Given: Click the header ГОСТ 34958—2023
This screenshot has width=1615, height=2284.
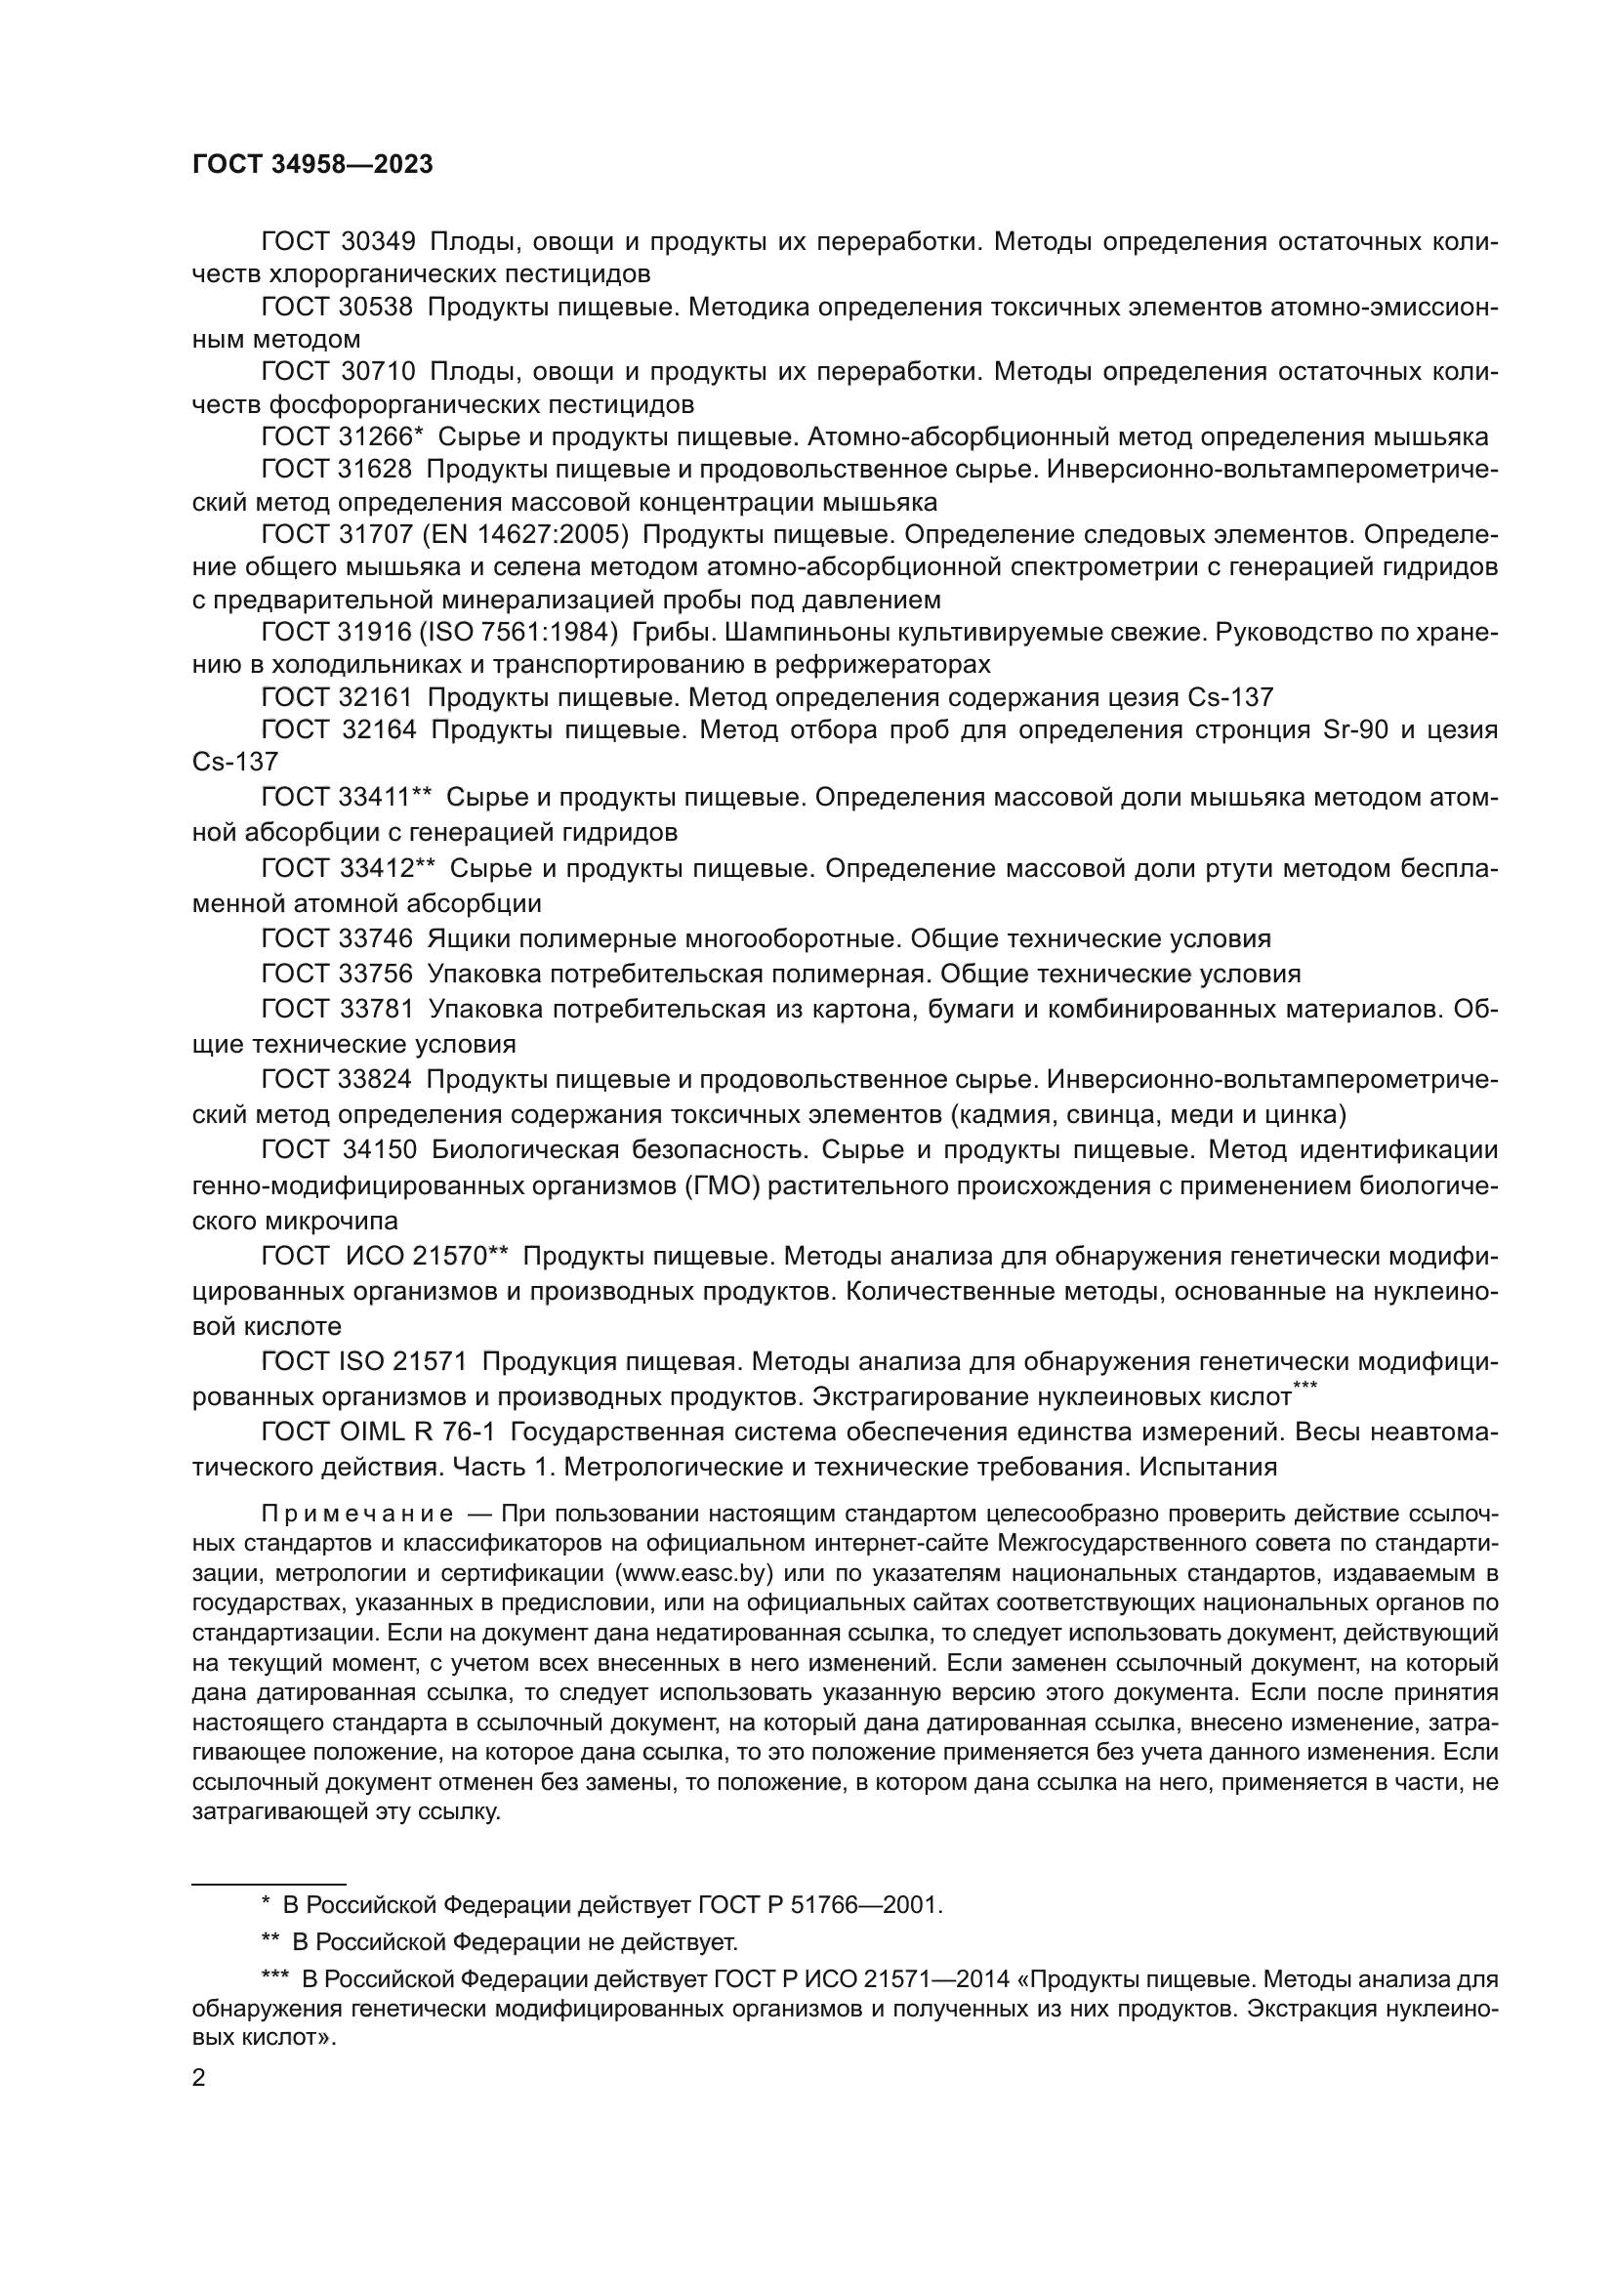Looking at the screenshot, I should (312, 165).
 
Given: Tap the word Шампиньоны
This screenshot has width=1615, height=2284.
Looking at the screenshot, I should (804, 633).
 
